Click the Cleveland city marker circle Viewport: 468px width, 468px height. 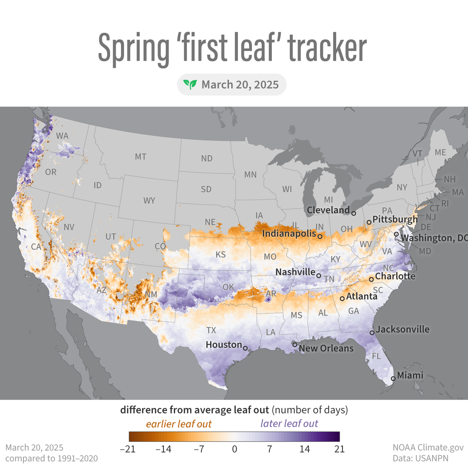[x=353, y=213]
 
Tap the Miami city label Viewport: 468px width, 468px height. [x=410, y=375]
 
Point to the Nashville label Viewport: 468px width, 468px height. [x=295, y=272]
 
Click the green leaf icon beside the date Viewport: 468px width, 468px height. [x=190, y=85]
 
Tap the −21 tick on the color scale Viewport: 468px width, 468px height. [x=128, y=449]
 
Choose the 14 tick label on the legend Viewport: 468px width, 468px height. [x=305, y=449]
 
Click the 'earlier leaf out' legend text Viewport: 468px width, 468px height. [x=179, y=424]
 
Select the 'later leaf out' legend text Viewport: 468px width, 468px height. [x=289, y=424]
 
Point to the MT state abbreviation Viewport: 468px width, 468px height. [x=141, y=157]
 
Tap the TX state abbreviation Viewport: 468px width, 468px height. [x=211, y=330]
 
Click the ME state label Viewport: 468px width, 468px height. [x=440, y=152]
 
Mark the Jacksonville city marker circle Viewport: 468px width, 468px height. [x=372, y=333]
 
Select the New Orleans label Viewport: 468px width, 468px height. [x=326, y=348]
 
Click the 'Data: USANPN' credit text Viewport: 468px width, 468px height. [x=420, y=458]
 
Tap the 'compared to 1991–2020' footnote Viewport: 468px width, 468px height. [x=51, y=458]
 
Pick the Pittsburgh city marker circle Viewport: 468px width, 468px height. [x=369, y=222]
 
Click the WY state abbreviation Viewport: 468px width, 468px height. [x=149, y=201]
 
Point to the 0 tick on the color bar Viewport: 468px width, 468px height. [x=234, y=449]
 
